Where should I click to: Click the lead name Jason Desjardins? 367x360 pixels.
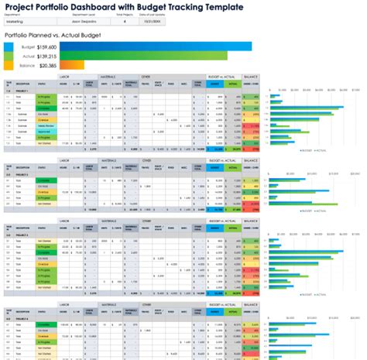click(76, 22)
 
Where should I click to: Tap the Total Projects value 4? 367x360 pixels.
click(125, 22)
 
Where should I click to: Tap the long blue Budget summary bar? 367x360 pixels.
click(155, 46)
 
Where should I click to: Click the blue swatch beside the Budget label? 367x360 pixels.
click(9, 46)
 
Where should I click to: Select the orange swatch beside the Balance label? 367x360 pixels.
click(9, 66)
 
